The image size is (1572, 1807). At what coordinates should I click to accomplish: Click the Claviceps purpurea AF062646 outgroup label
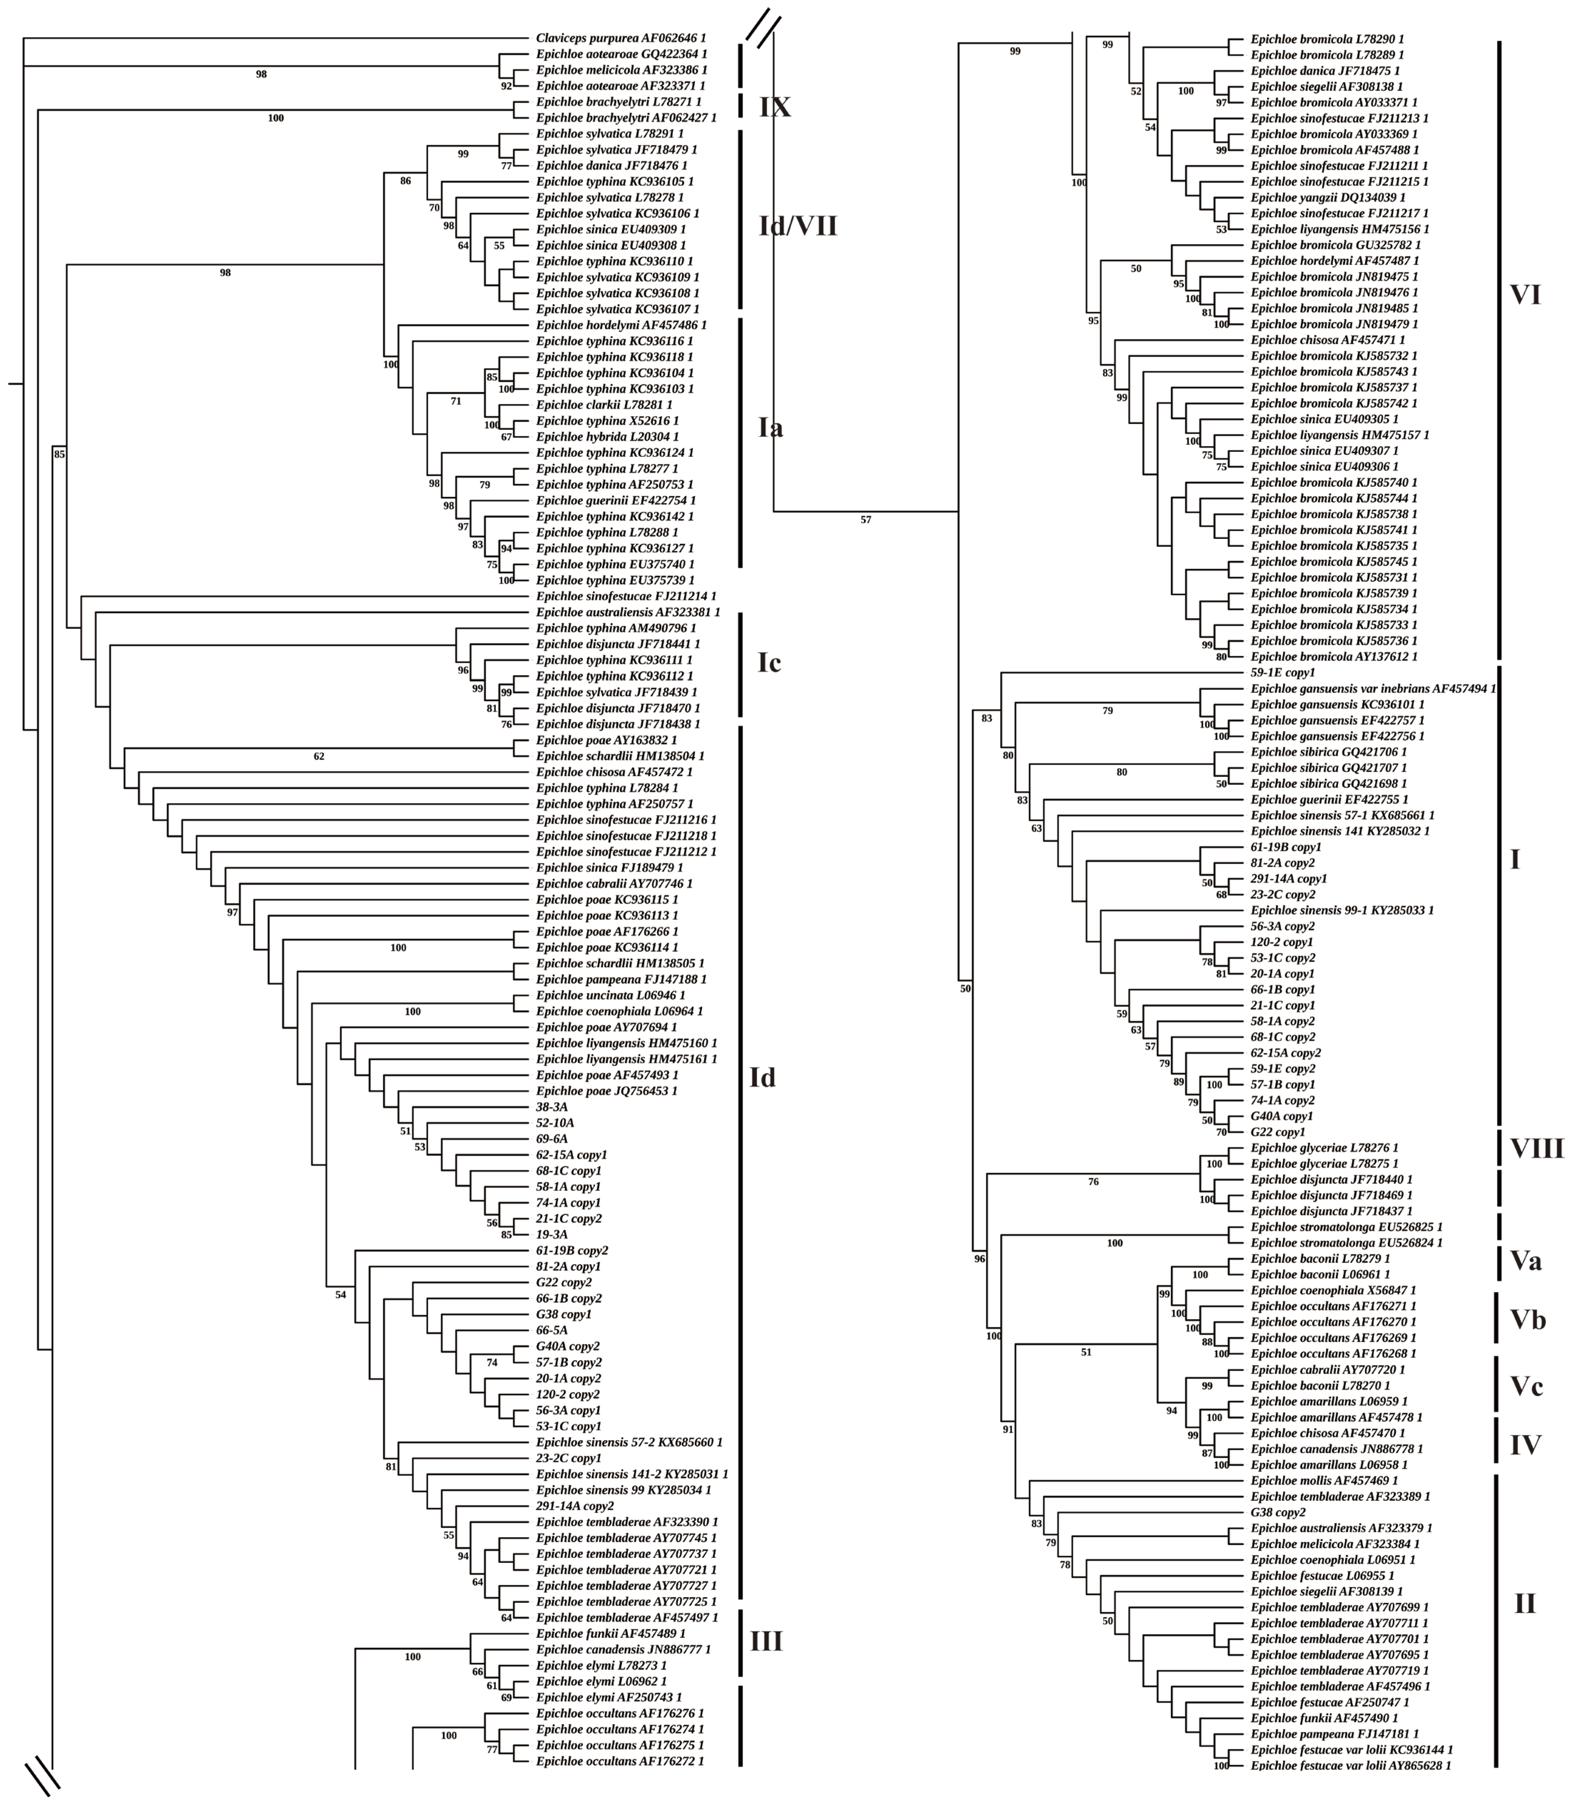pos(620,39)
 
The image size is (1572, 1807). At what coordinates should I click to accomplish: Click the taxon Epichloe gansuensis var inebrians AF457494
pos(1373,688)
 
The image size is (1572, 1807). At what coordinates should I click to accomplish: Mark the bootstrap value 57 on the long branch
pos(866,520)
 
